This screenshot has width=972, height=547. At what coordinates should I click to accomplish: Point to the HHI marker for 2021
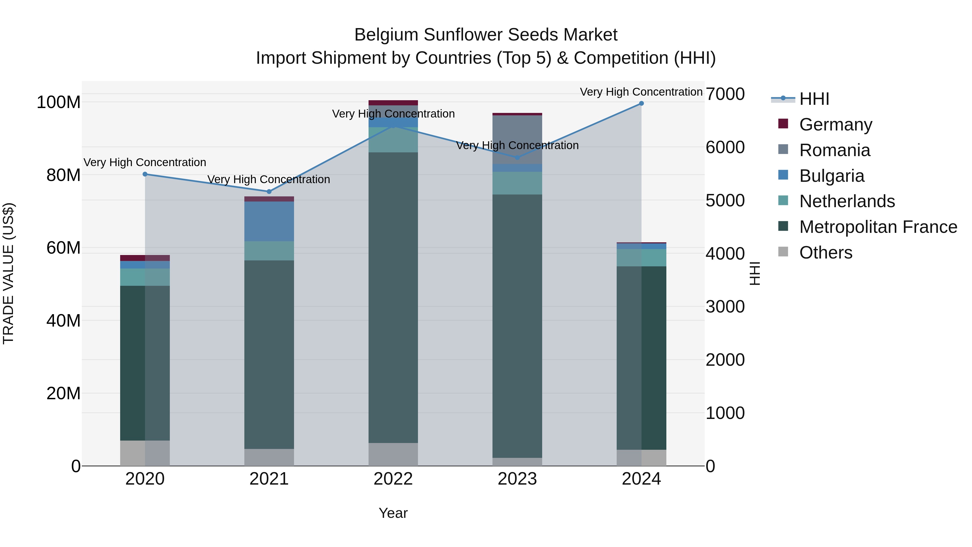click(x=269, y=192)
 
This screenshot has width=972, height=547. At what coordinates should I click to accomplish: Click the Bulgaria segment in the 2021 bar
click(x=269, y=221)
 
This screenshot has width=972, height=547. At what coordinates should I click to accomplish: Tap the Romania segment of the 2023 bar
click(x=517, y=140)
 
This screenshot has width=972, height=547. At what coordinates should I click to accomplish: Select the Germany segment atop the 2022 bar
click(x=393, y=103)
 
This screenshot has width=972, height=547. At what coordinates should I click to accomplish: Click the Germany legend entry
click(x=835, y=125)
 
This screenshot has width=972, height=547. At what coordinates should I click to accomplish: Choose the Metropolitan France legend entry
click(x=878, y=227)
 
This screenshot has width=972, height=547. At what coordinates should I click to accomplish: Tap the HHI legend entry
click(x=814, y=99)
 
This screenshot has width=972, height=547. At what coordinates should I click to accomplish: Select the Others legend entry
click(x=826, y=253)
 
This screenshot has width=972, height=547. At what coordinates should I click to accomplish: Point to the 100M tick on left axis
click(x=59, y=102)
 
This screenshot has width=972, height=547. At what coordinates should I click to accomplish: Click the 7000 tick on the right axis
click(x=725, y=94)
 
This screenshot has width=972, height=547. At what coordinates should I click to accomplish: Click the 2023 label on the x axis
click(x=517, y=479)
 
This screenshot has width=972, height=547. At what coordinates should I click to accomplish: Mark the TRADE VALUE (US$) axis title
click(x=8, y=273)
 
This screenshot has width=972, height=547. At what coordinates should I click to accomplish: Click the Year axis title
click(x=393, y=513)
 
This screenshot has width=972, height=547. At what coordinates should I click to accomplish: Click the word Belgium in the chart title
click(x=386, y=35)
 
